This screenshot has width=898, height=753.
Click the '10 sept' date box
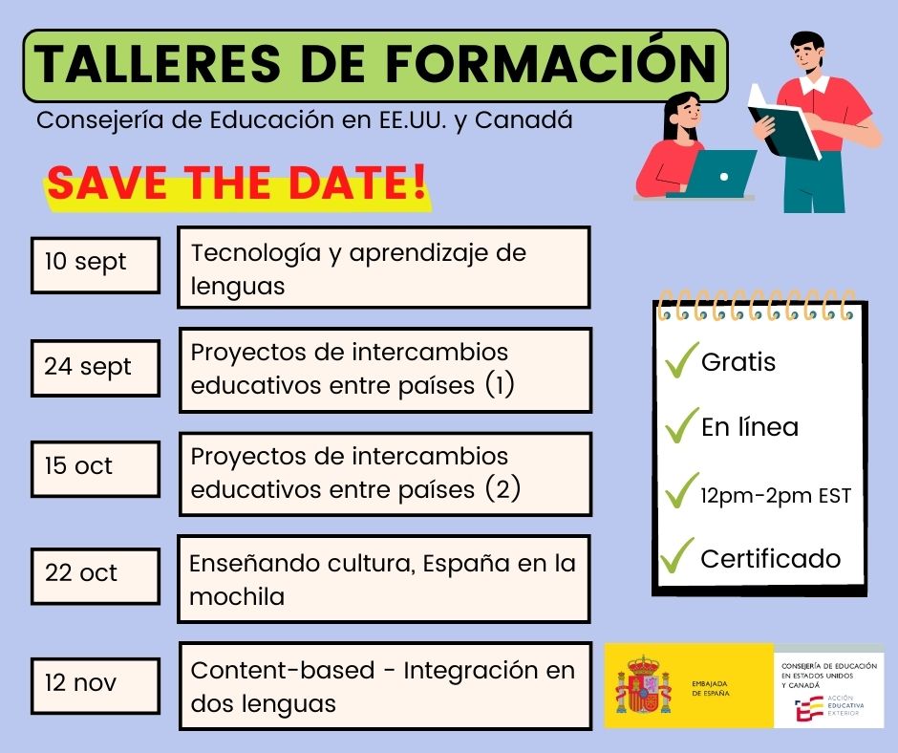[96, 266]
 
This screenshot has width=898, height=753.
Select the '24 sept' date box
[96, 368]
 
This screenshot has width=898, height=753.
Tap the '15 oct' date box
[96, 469]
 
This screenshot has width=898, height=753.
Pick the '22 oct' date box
[96, 576]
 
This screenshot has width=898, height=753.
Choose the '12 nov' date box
[96, 686]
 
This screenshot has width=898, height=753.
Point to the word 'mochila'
[237, 597]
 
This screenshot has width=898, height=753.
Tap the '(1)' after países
[500, 385]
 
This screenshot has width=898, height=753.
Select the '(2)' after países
[502, 489]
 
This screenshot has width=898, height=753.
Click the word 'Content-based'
[283, 671]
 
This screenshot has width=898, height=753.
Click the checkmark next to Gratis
[682, 360]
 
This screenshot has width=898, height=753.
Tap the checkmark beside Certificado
[677, 555]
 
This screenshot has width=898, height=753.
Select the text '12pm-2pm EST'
[776, 496]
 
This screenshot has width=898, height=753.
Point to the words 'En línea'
[750, 427]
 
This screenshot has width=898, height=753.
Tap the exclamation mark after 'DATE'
[419, 182]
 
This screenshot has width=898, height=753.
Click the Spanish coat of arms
[643, 684]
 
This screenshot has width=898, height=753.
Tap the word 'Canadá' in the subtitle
[524, 120]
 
